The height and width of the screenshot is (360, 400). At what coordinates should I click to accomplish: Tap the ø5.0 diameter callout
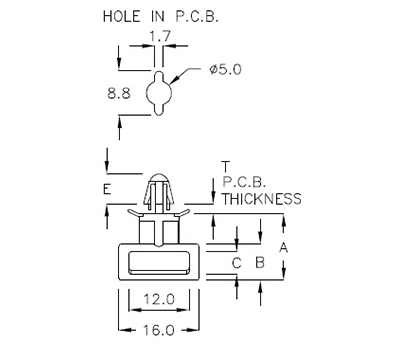pyautogui.click(x=227, y=71)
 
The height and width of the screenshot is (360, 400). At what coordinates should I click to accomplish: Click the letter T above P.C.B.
pyautogui.click(x=226, y=166)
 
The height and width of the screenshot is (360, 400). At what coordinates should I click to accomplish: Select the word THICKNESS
pyautogui.click(x=261, y=199)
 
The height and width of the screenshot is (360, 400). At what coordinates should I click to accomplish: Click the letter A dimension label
pyautogui.click(x=284, y=246)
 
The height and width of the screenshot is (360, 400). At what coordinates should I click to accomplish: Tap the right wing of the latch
pyautogui.click(x=182, y=211)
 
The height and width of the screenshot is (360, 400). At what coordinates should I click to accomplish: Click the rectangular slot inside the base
pyautogui.click(x=158, y=263)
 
